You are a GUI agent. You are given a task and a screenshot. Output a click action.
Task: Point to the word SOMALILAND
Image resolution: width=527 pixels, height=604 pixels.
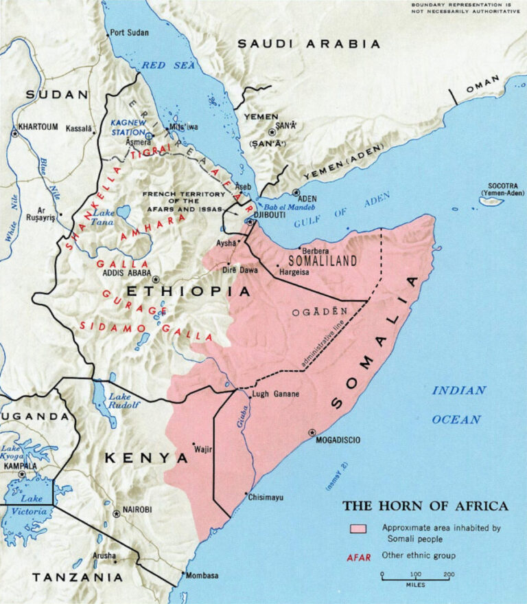[323, 261]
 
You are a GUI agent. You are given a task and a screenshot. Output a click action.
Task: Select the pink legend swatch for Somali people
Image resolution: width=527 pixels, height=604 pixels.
[357, 528]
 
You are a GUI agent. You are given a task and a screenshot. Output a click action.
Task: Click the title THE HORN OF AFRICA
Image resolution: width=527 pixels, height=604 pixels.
[425, 506]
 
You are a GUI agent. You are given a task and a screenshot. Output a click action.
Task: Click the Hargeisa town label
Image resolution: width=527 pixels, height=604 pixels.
[295, 272]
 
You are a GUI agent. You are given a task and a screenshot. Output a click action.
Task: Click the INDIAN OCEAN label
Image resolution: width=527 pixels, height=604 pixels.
[458, 405]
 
